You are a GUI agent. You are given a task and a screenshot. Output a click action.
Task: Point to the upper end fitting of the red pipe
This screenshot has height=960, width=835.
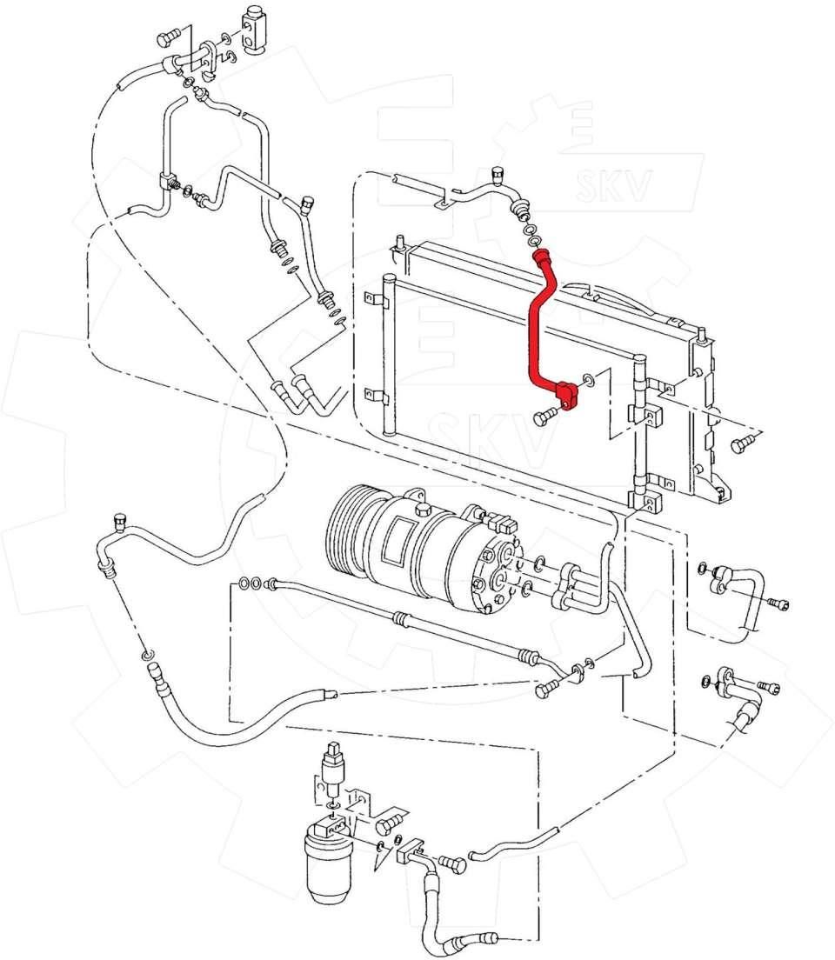(542, 257)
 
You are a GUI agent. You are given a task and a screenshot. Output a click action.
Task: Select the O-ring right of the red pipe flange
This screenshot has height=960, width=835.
(588, 380)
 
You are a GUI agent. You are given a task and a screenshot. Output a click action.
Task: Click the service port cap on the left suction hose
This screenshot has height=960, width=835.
(120, 523)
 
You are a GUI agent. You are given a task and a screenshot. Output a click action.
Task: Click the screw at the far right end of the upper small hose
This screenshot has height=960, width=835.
(778, 604)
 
